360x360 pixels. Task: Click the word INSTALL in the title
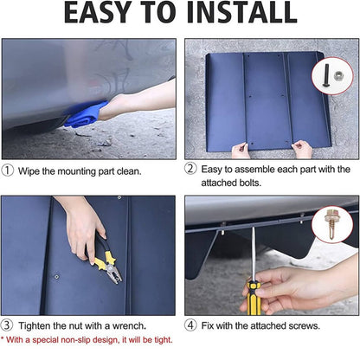click(241, 13)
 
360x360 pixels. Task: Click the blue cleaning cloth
click(86, 114)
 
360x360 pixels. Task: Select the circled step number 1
click(8, 170)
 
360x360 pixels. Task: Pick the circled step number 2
click(190, 168)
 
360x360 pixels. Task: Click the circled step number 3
click(7, 325)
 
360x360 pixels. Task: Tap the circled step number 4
click(190, 325)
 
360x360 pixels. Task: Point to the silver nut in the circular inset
click(339, 76)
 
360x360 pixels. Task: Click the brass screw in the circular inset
click(331, 224)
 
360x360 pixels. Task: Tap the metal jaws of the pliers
click(114, 273)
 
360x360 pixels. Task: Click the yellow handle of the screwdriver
click(254, 299)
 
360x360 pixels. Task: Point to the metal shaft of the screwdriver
click(254, 254)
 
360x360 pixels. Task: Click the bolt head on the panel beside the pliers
click(57, 277)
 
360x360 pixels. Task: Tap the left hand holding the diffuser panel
click(241, 151)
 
